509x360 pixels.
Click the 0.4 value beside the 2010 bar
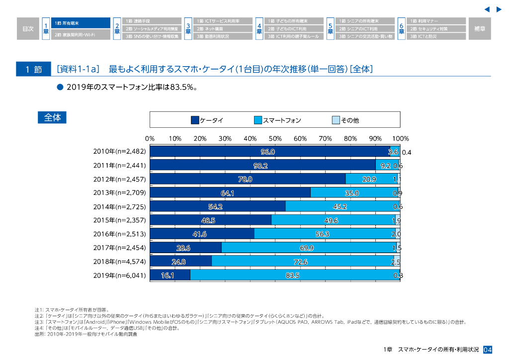pos(406,152)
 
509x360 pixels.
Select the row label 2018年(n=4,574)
pos(120,261)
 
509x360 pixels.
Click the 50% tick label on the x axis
pos(275,139)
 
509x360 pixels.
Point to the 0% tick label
pos(150,139)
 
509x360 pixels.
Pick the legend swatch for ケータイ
pos(195,120)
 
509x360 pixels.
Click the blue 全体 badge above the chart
pos(52,117)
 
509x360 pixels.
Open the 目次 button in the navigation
pos(28,29)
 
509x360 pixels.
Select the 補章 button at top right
pos(480,29)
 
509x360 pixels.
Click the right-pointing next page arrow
pos(499,9)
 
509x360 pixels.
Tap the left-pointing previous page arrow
pos(487,9)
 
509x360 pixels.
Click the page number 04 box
pos(488,350)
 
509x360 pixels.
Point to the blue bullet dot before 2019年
pos(60,87)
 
